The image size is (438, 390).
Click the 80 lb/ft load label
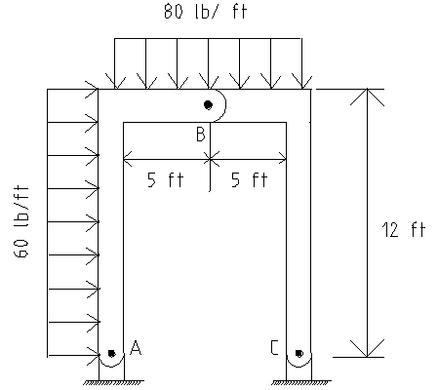[x=206, y=11]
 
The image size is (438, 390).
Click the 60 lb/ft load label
[x=21, y=221]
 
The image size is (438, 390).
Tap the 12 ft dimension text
[x=403, y=229]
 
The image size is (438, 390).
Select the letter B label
[x=201, y=134]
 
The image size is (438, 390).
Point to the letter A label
[x=136, y=347]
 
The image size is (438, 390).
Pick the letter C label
[x=274, y=347]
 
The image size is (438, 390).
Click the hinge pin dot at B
[x=208, y=104]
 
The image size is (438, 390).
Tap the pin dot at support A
[x=111, y=353]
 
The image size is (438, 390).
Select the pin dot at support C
[x=299, y=353]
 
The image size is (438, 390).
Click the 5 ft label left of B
[x=166, y=179]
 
